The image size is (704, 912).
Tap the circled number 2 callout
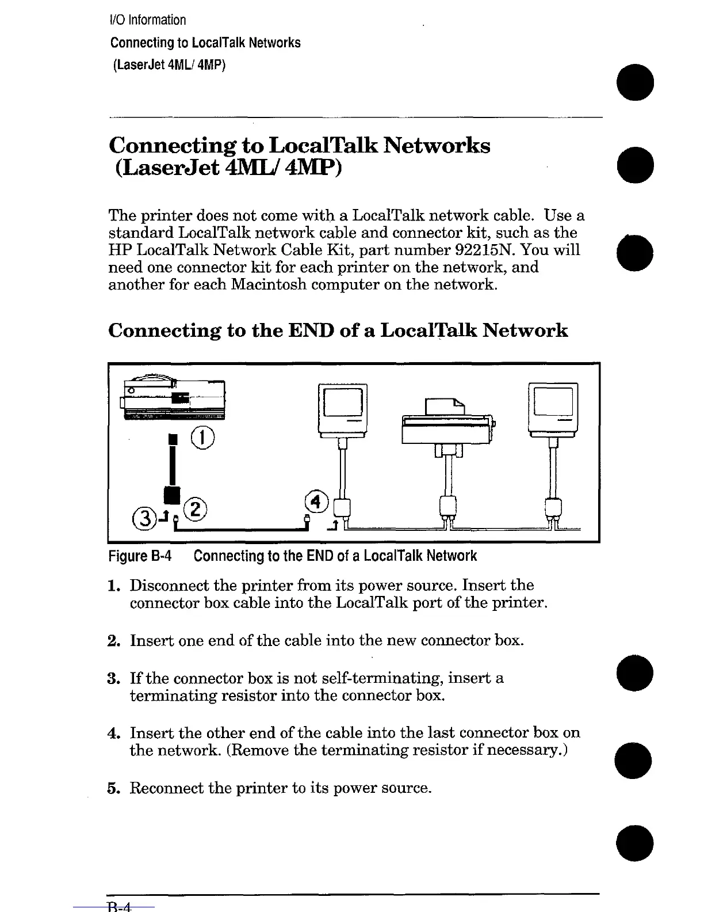tap(196, 509)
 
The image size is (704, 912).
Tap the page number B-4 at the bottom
tap(120, 907)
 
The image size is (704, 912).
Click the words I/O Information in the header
tap(148, 20)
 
